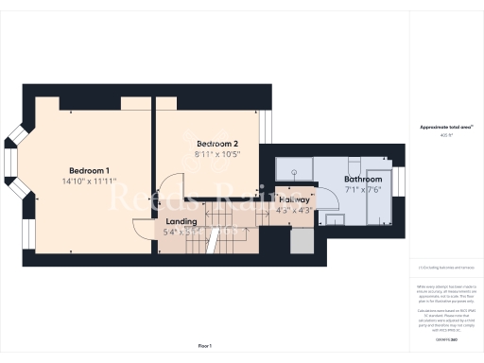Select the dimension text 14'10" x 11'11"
tap(92, 181)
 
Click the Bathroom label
tap(363, 179)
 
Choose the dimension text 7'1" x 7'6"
tap(363, 189)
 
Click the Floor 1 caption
tap(205, 347)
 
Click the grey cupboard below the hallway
tap(300, 242)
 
